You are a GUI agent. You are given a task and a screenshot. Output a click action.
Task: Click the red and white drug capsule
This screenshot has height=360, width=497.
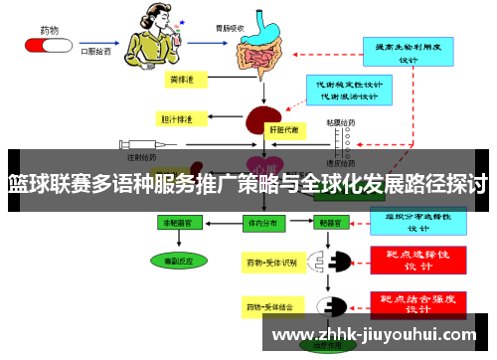(x=48, y=45)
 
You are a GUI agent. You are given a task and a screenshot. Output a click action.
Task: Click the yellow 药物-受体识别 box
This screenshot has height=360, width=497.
(x=271, y=263)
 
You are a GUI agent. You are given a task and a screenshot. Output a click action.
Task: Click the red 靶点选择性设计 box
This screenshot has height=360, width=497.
(x=418, y=261)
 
